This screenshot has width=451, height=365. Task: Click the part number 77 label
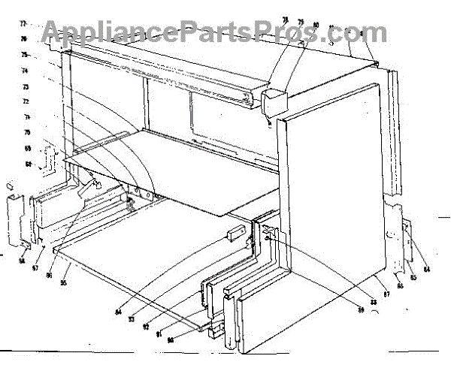click(x=23, y=24)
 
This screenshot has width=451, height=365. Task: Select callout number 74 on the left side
click(x=25, y=71)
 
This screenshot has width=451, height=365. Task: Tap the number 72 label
click(x=26, y=101)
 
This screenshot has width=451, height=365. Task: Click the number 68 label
click(x=29, y=163)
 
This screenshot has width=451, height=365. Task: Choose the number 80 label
click(x=316, y=25)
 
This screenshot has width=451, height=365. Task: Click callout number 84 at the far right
click(x=427, y=270)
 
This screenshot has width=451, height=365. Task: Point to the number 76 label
click(x=24, y=39)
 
